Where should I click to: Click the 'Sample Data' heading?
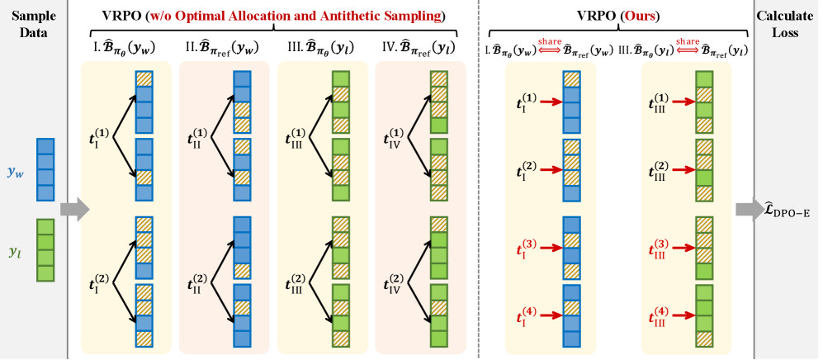pos(34,24)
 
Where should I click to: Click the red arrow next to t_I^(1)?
pos(548,102)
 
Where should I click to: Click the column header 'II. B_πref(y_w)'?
pos(223,48)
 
